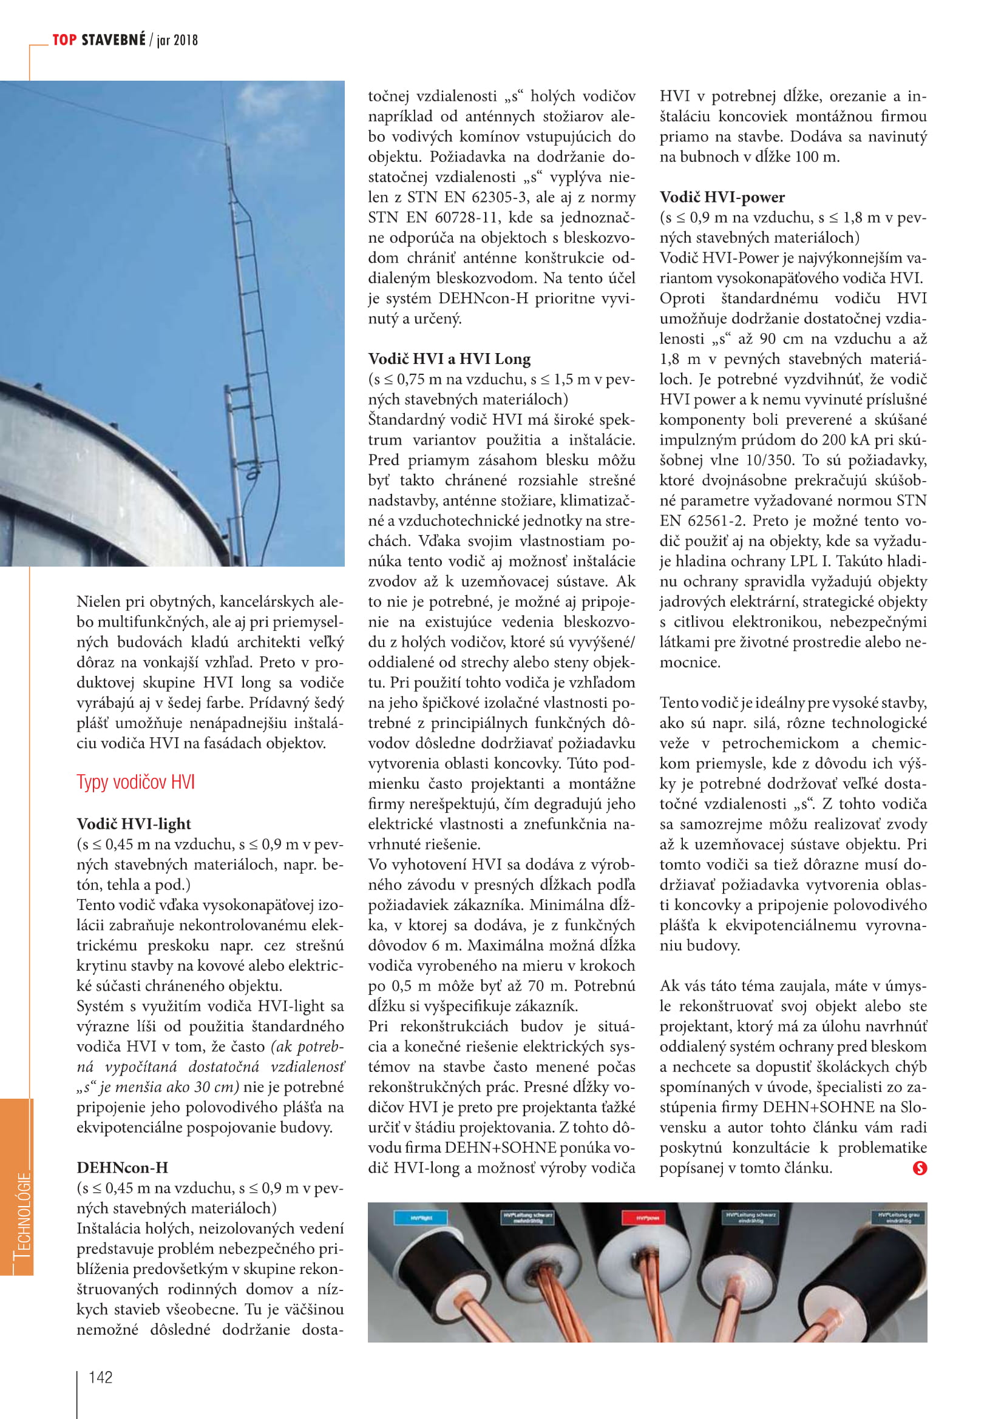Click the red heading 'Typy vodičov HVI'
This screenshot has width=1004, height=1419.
(135, 783)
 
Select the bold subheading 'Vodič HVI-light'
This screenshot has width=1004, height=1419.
(134, 824)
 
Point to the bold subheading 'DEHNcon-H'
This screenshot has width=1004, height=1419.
(122, 1167)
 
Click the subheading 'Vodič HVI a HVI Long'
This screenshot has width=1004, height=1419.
(449, 359)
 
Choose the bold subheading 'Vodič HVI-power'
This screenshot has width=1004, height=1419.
(722, 197)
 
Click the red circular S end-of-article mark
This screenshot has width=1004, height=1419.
(919, 1167)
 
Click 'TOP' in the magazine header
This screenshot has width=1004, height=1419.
(64, 40)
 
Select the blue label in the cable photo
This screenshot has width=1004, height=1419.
(421, 1218)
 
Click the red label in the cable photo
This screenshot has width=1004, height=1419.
(647, 1218)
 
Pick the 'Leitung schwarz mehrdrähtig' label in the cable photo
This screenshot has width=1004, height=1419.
(527, 1218)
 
